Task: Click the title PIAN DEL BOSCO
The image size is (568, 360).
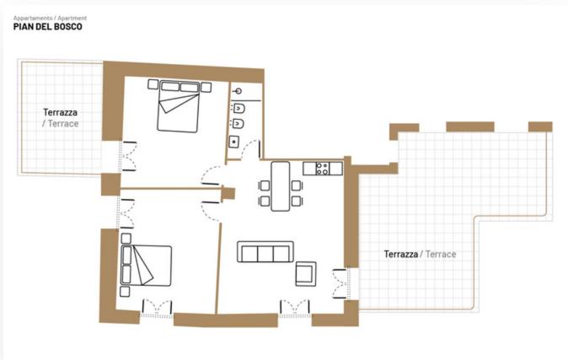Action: (x=47, y=26)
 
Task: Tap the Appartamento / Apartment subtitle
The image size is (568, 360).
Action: (x=50, y=18)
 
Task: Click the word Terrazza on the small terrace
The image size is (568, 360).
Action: (x=60, y=112)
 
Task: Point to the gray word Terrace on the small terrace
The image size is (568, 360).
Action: (x=63, y=124)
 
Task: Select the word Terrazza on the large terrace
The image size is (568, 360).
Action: (x=400, y=254)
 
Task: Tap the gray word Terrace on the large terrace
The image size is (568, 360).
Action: (x=441, y=254)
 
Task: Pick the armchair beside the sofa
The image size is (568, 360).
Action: (x=306, y=274)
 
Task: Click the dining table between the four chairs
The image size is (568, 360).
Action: (x=281, y=186)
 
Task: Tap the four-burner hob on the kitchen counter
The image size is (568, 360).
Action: (x=323, y=169)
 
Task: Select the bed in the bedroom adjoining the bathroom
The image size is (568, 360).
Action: (x=178, y=106)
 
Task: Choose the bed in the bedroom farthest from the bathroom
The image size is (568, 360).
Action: (x=146, y=266)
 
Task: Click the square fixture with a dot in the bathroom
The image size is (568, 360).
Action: (x=234, y=142)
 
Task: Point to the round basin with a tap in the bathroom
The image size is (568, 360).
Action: (x=238, y=91)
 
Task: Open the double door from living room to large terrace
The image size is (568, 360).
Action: (x=340, y=284)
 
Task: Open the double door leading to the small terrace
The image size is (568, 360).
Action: (x=128, y=156)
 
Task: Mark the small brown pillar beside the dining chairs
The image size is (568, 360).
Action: (x=228, y=193)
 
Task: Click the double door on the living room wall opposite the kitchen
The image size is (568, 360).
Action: (x=295, y=308)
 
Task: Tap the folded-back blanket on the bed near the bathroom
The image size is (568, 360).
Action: (x=179, y=103)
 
